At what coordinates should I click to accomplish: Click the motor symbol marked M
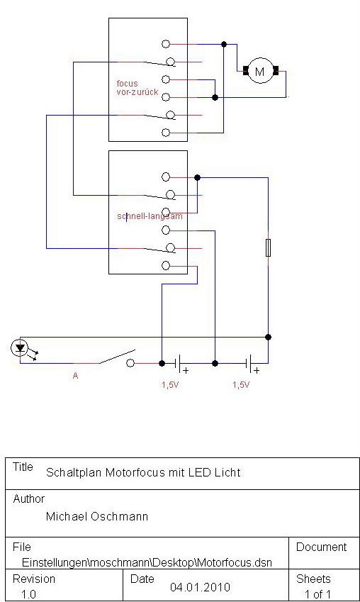[260, 71]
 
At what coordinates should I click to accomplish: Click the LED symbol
[20, 348]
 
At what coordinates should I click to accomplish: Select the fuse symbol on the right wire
[269, 247]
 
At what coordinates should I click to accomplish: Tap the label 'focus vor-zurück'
[137, 88]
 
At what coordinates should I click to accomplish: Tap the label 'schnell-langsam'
[150, 216]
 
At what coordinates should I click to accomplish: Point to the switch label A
[75, 376]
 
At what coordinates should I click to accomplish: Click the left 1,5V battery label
[170, 385]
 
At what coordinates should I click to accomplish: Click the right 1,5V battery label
[241, 385]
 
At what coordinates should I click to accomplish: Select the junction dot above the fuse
[197, 177]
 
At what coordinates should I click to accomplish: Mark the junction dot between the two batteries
[215, 363]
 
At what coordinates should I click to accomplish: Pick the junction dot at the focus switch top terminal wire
[224, 45]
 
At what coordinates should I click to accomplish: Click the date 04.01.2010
[201, 587]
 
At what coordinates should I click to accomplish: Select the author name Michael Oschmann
[97, 516]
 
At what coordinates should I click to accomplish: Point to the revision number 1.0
[28, 594]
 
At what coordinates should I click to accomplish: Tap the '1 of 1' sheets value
[317, 594]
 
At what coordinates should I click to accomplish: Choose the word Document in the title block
[321, 547]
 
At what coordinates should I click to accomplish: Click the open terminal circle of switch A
[130, 363]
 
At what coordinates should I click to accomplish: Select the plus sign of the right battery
[257, 371]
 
